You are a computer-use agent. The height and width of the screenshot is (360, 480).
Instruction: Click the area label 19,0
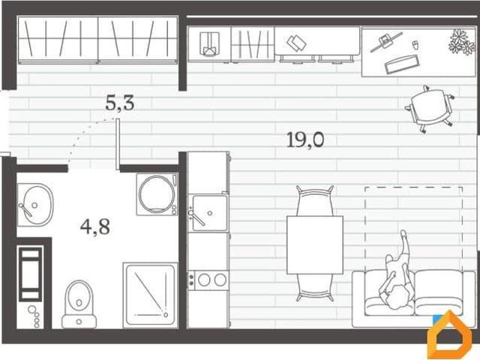[x=305, y=140]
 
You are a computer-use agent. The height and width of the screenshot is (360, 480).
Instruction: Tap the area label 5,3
[x=120, y=103]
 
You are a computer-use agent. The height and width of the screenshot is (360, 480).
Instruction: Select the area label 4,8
[x=95, y=226]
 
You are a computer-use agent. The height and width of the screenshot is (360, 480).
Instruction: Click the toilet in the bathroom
[x=79, y=304]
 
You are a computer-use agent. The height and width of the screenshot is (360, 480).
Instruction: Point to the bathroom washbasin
[x=35, y=205]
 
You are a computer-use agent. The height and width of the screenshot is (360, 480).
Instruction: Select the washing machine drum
[x=157, y=193]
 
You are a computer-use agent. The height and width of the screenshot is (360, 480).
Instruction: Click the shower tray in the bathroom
[x=150, y=295]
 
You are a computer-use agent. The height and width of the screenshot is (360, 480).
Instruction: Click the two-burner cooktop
[x=208, y=280]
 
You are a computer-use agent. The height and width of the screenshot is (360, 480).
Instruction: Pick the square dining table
[x=315, y=245]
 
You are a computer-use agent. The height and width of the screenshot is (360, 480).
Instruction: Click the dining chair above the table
[x=315, y=201]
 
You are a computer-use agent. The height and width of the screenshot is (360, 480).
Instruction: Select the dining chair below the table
[x=315, y=288]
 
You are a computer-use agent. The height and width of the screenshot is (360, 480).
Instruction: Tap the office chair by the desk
[x=430, y=109]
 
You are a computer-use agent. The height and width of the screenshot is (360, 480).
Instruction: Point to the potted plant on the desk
[x=462, y=42]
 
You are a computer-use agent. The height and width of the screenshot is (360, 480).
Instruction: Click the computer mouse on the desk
[x=415, y=45]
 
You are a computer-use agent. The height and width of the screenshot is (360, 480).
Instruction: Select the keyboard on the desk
[x=402, y=64]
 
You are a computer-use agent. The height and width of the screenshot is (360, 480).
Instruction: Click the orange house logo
[x=450, y=335]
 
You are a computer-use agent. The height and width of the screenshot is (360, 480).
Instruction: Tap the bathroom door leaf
[x=118, y=144]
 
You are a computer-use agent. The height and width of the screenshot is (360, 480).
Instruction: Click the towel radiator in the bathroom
[x=30, y=274]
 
